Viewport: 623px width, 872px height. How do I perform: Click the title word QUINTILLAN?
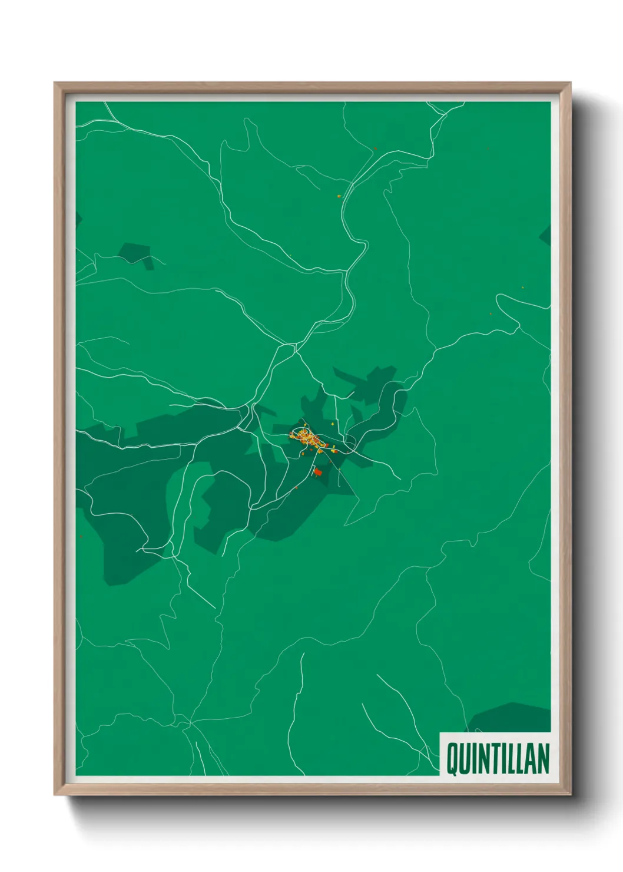[498, 758]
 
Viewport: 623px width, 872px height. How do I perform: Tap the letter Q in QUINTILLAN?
[452, 759]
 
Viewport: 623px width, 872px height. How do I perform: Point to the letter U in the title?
[465, 759]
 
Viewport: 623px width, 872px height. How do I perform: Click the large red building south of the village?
[319, 471]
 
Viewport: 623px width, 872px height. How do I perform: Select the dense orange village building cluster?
[306, 438]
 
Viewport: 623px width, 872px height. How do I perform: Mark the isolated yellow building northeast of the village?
[333, 423]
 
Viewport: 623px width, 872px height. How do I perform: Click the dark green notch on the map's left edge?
[78, 219]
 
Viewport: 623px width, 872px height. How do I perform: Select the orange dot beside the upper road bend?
[339, 196]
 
